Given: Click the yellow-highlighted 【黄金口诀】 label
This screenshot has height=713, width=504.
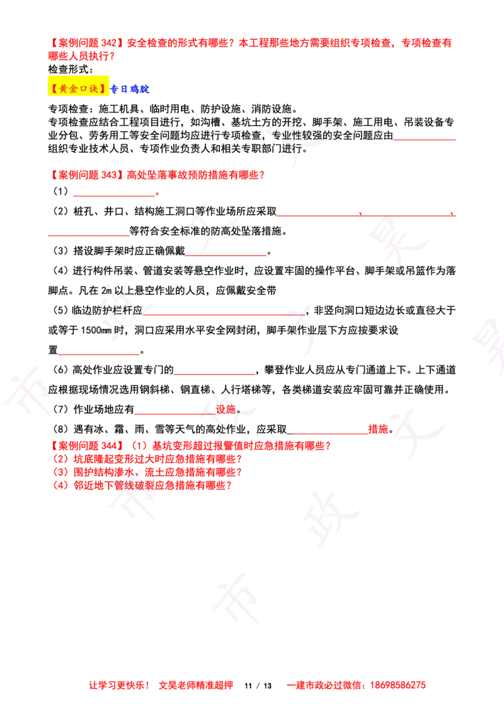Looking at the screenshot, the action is (78, 89).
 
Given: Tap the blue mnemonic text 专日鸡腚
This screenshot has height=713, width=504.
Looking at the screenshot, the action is (130, 89).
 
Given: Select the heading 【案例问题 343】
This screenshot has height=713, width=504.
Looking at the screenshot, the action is (86, 175).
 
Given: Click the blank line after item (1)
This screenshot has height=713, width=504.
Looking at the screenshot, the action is (114, 195).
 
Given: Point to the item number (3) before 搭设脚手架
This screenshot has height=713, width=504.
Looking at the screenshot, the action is (61, 251).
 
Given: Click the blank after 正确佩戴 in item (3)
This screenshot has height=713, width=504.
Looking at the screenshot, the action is (226, 255).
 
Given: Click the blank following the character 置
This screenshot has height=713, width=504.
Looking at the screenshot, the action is (99, 354).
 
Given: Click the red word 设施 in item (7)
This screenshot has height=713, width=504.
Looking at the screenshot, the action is (226, 409).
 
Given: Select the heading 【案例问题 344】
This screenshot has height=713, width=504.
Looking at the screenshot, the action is (86, 446).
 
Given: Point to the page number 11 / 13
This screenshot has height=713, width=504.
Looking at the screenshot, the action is (258, 686).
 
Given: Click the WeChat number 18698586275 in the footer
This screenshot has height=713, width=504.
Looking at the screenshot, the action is (398, 685).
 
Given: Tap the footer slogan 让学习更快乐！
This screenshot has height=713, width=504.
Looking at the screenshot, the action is (119, 685).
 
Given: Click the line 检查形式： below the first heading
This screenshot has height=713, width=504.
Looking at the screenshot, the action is (71, 69).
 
